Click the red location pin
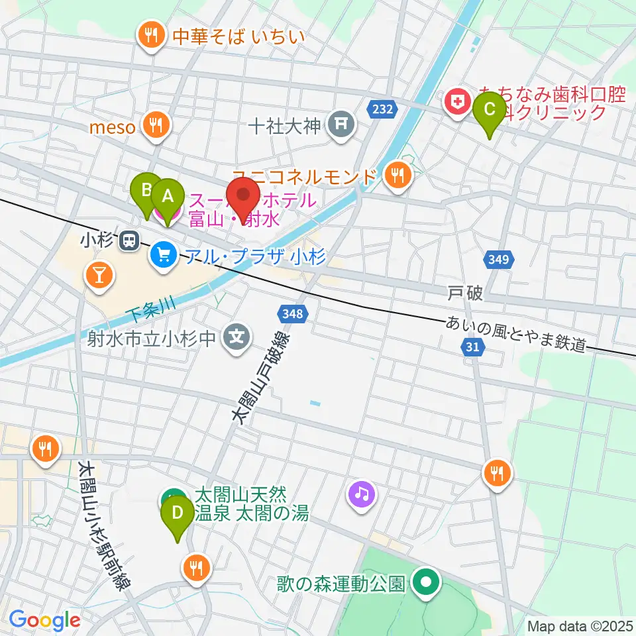(243, 199)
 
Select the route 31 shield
(472, 346)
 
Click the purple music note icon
(362, 494)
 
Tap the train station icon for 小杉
(129, 242)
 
